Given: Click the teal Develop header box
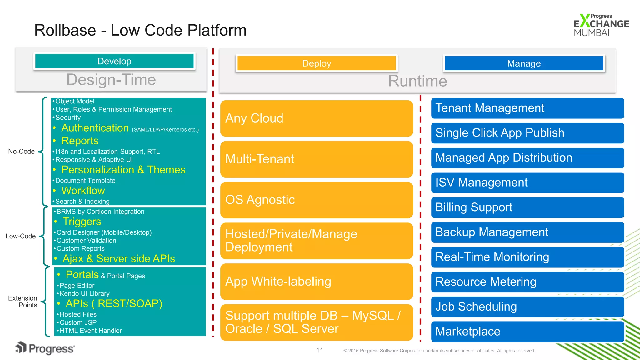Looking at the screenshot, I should pos(114,61).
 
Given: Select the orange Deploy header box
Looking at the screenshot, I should pos(317,63).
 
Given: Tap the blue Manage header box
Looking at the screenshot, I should pos(524,63).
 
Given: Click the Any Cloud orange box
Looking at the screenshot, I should pos(317,118).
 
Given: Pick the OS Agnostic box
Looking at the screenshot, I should pos(317,200).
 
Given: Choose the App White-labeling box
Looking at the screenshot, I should pos(317,282).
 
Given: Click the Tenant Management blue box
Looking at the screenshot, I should pos(527,108).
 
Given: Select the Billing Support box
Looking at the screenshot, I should pos(527,207).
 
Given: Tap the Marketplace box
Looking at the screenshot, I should pos(527,332).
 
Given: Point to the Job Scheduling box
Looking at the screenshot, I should pos(527,307).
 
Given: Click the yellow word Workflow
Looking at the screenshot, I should pos(83,191).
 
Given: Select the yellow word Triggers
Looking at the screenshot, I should pos(82,222).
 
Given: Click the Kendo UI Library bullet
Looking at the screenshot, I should pos(84,294).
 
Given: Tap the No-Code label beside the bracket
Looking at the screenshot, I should pos(21,152).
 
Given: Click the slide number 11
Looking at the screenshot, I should pos(319,350).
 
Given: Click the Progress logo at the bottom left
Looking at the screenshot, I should pos(45,348).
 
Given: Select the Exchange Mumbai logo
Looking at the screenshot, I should pos(601,25).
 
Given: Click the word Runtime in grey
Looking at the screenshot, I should pos(417,81).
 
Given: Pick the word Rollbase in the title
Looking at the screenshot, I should pos(65,30).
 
